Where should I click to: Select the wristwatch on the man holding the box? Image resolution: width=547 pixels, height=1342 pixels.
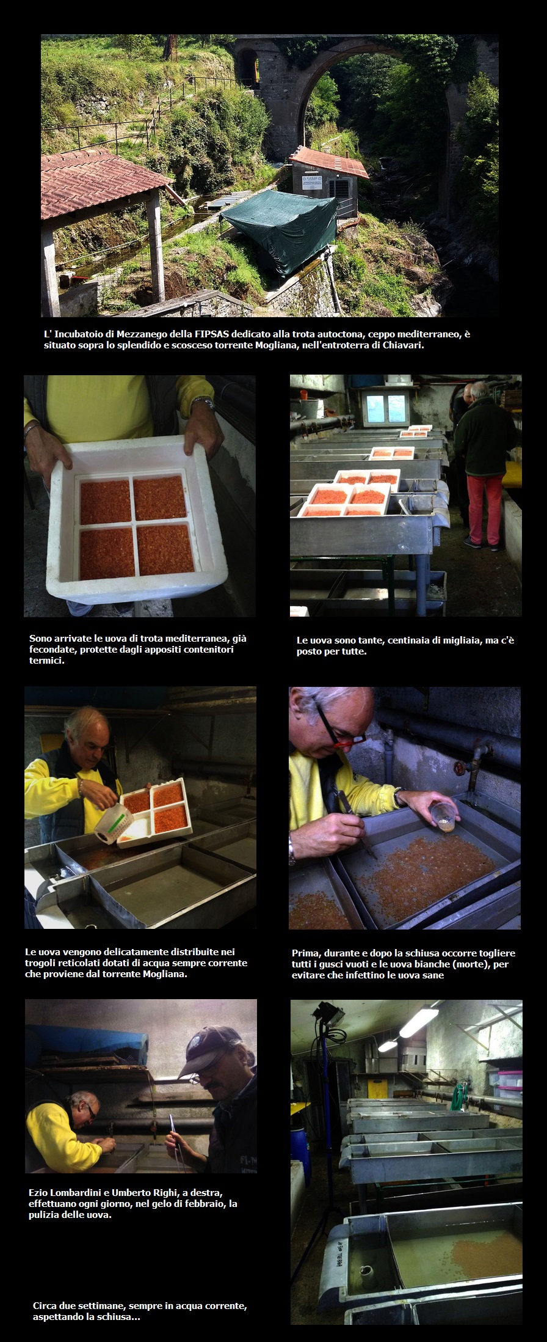pyautogui.click(x=203, y=403)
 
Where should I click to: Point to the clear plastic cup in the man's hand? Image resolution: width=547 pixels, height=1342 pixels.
pyautogui.click(x=443, y=816)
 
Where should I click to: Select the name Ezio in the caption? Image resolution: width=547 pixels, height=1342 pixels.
pyautogui.click(x=39, y=1192)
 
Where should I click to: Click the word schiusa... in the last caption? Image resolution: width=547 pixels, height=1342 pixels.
pyautogui.click(x=119, y=1317)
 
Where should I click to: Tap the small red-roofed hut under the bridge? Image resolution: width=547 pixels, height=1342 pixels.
pyautogui.click(x=328, y=177)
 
